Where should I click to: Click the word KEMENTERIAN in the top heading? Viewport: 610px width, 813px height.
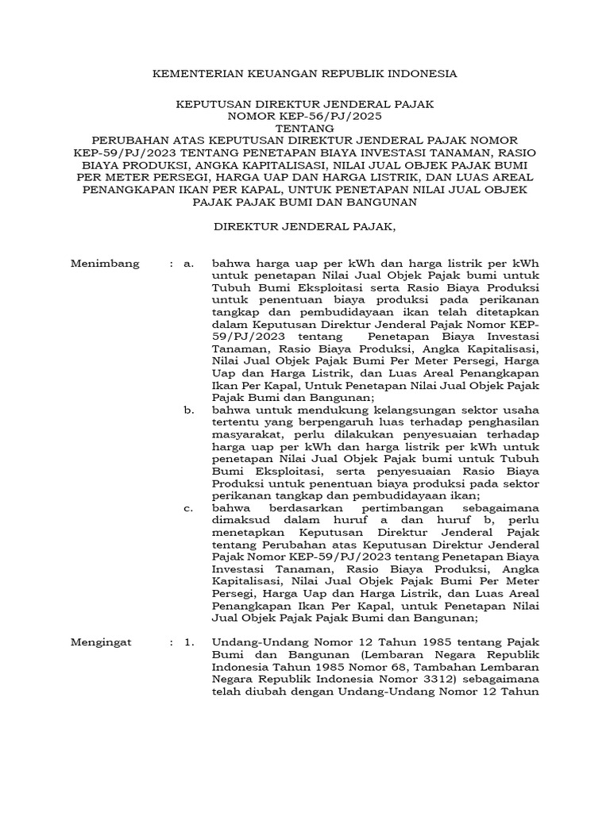190,73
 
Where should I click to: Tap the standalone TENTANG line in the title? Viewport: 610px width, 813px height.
304,126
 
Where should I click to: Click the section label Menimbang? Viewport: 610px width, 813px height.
105,264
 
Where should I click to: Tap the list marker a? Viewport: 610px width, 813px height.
188,264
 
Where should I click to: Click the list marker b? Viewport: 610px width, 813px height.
188,410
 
